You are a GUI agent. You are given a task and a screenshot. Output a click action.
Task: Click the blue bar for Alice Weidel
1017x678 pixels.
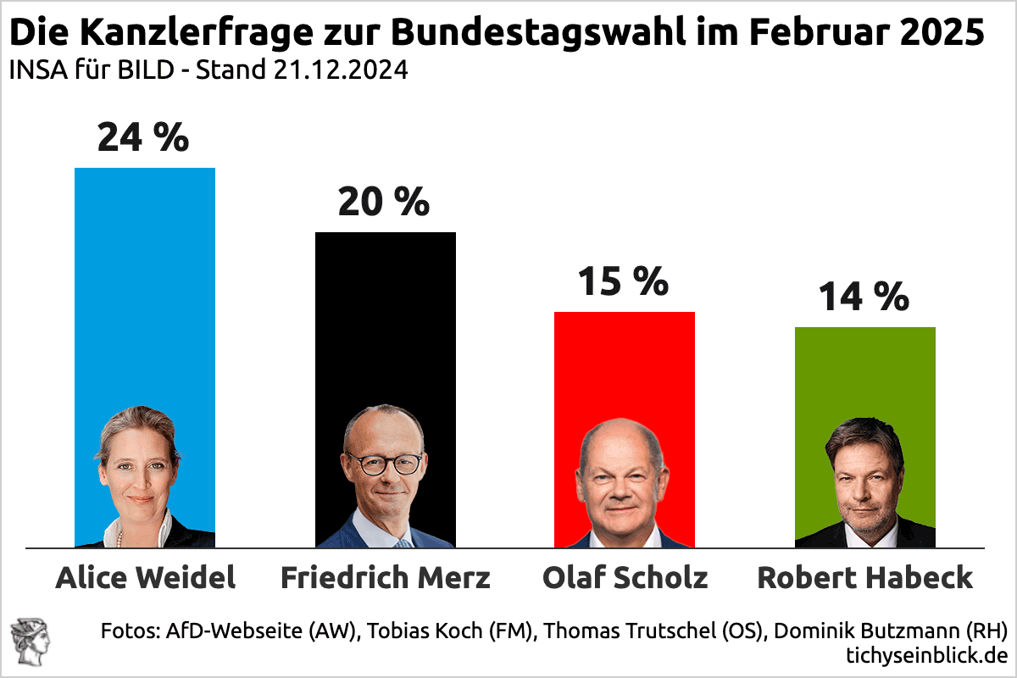pos(145,280)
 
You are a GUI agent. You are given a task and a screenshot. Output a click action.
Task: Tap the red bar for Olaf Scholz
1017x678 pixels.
pos(625,364)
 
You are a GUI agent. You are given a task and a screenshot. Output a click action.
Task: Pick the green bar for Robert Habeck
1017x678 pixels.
pos(865,373)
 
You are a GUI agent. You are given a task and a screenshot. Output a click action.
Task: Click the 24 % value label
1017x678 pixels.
pos(143,137)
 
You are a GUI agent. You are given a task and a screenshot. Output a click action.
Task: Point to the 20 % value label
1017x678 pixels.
pos(384,202)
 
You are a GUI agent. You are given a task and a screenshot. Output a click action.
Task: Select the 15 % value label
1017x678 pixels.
pos(623,281)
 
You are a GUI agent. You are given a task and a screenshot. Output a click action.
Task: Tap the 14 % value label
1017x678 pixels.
pos(864,297)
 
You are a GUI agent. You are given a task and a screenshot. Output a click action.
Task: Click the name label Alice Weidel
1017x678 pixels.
pos(145,578)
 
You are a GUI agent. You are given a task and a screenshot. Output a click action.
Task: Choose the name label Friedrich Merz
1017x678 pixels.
pos(386,578)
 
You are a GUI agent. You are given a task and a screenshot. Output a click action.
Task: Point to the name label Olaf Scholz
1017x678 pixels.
pos(625,578)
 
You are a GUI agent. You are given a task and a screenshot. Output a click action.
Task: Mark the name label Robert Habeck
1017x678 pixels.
pos(865,578)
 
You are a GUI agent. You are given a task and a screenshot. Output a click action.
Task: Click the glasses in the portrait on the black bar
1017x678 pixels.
pos(384,464)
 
